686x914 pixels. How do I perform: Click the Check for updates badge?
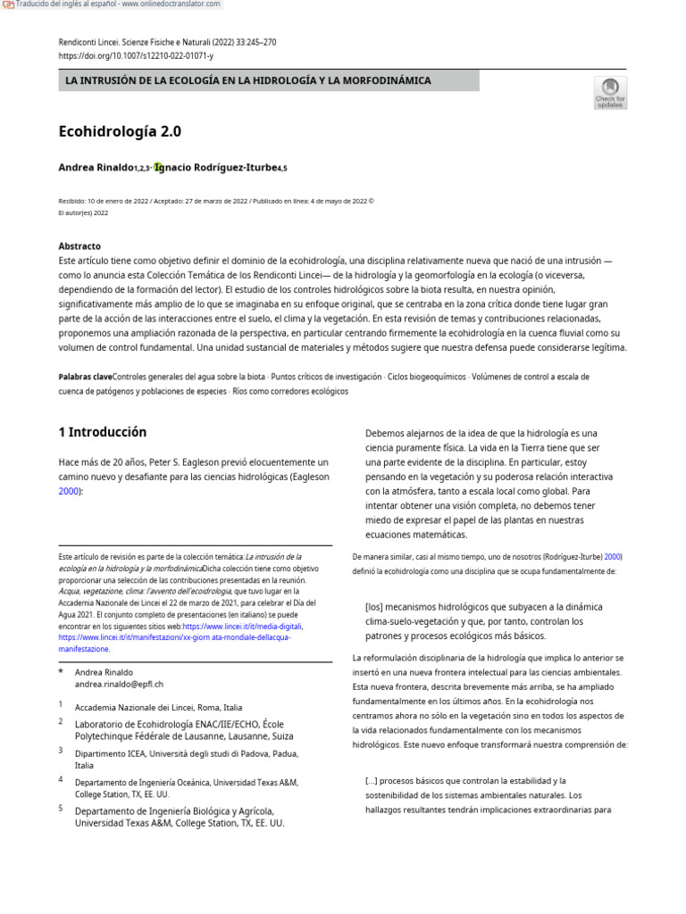[611, 93]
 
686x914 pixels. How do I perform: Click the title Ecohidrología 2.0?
[120, 131]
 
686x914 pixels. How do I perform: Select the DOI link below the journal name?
[136, 55]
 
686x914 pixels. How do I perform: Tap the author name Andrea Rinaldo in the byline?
[96, 168]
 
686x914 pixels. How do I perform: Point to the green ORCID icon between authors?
[158, 167]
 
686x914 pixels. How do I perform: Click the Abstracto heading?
[79, 245]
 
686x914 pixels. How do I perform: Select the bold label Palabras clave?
[86, 377]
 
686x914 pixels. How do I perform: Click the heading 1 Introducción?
[103, 432]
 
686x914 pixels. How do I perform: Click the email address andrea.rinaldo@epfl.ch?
[120, 684]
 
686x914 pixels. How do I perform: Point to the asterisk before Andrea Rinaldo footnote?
[61, 670]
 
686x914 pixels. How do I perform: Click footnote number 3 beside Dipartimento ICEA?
[61, 751]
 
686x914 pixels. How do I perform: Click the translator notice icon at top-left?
[8, 4]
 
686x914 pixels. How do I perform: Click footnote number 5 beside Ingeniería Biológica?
[61, 808]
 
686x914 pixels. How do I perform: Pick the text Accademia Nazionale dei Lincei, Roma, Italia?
[158, 707]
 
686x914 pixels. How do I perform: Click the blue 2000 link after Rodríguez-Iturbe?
[613, 555]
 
